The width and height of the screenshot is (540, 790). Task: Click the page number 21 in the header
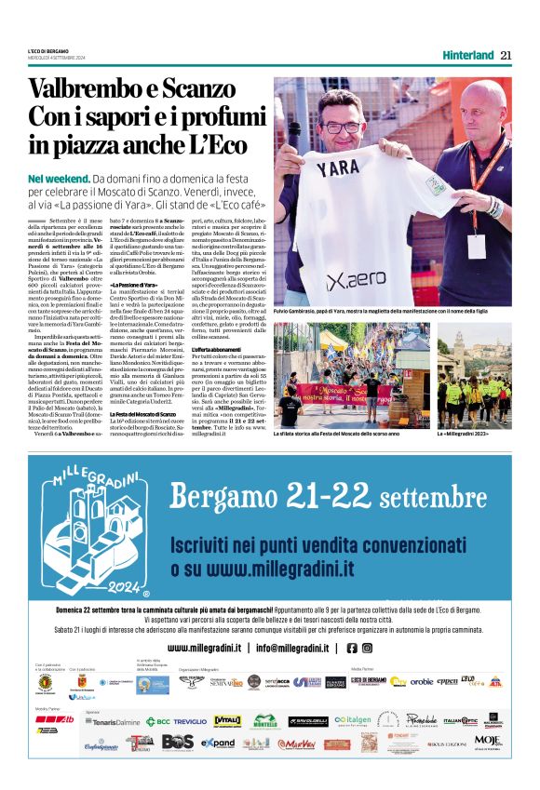pos(506,54)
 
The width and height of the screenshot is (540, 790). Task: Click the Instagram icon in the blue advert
pos(366,648)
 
